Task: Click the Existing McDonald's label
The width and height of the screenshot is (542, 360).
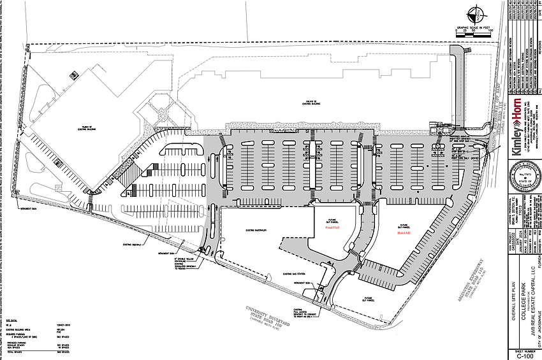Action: (255, 229)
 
